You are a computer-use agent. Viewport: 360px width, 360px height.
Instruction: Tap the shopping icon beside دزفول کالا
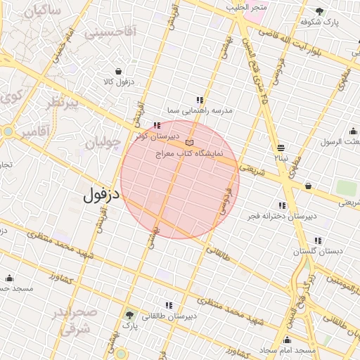[x=117, y=71]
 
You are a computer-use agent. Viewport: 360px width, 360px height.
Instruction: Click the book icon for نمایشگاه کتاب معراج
[x=188, y=143]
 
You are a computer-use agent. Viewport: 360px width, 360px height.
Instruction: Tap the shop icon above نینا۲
[x=281, y=148]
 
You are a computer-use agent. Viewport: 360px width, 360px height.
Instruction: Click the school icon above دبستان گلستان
[x=318, y=240]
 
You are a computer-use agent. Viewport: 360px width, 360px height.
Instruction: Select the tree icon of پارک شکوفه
[x=320, y=11]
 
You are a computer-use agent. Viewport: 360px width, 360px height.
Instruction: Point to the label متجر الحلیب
[x=247, y=6]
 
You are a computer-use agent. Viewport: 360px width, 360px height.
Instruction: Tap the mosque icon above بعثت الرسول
[x=352, y=131]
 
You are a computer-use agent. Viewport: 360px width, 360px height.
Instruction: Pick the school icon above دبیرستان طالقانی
[x=169, y=305]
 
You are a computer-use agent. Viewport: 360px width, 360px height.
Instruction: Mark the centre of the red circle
[x=180, y=179]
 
